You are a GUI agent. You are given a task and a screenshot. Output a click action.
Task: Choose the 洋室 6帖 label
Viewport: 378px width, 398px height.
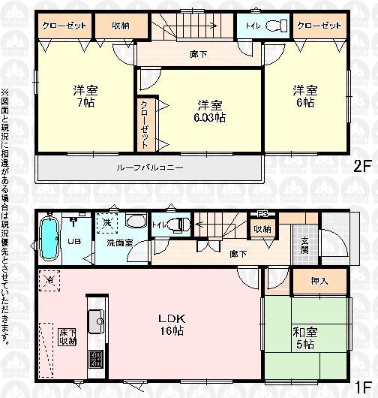pyautogui.click(x=305, y=96)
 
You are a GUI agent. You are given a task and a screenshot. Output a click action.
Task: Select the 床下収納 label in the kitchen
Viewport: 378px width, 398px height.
pyautogui.click(x=67, y=336)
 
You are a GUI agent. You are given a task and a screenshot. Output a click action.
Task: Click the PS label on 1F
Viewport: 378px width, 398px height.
pyautogui.click(x=262, y=213)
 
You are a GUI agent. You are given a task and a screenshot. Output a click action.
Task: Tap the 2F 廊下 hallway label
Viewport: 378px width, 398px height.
pyautogui.click(x=199, y=53)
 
